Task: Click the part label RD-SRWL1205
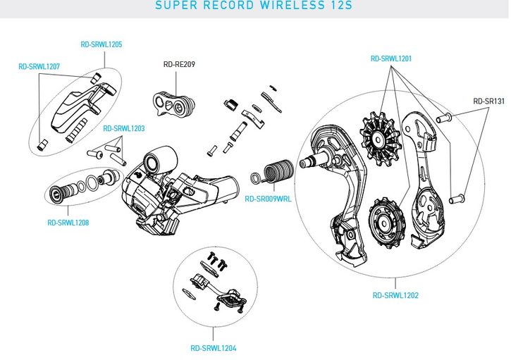click(101, 44)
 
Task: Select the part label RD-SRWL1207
click(39, 67)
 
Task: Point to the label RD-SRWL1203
click(123, 129)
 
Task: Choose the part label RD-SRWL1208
click(68, 223)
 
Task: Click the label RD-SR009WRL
click(268, 199)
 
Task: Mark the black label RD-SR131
click(488, 101)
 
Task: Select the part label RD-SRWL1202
click(395, 295)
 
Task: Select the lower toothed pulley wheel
click(386, 224)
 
